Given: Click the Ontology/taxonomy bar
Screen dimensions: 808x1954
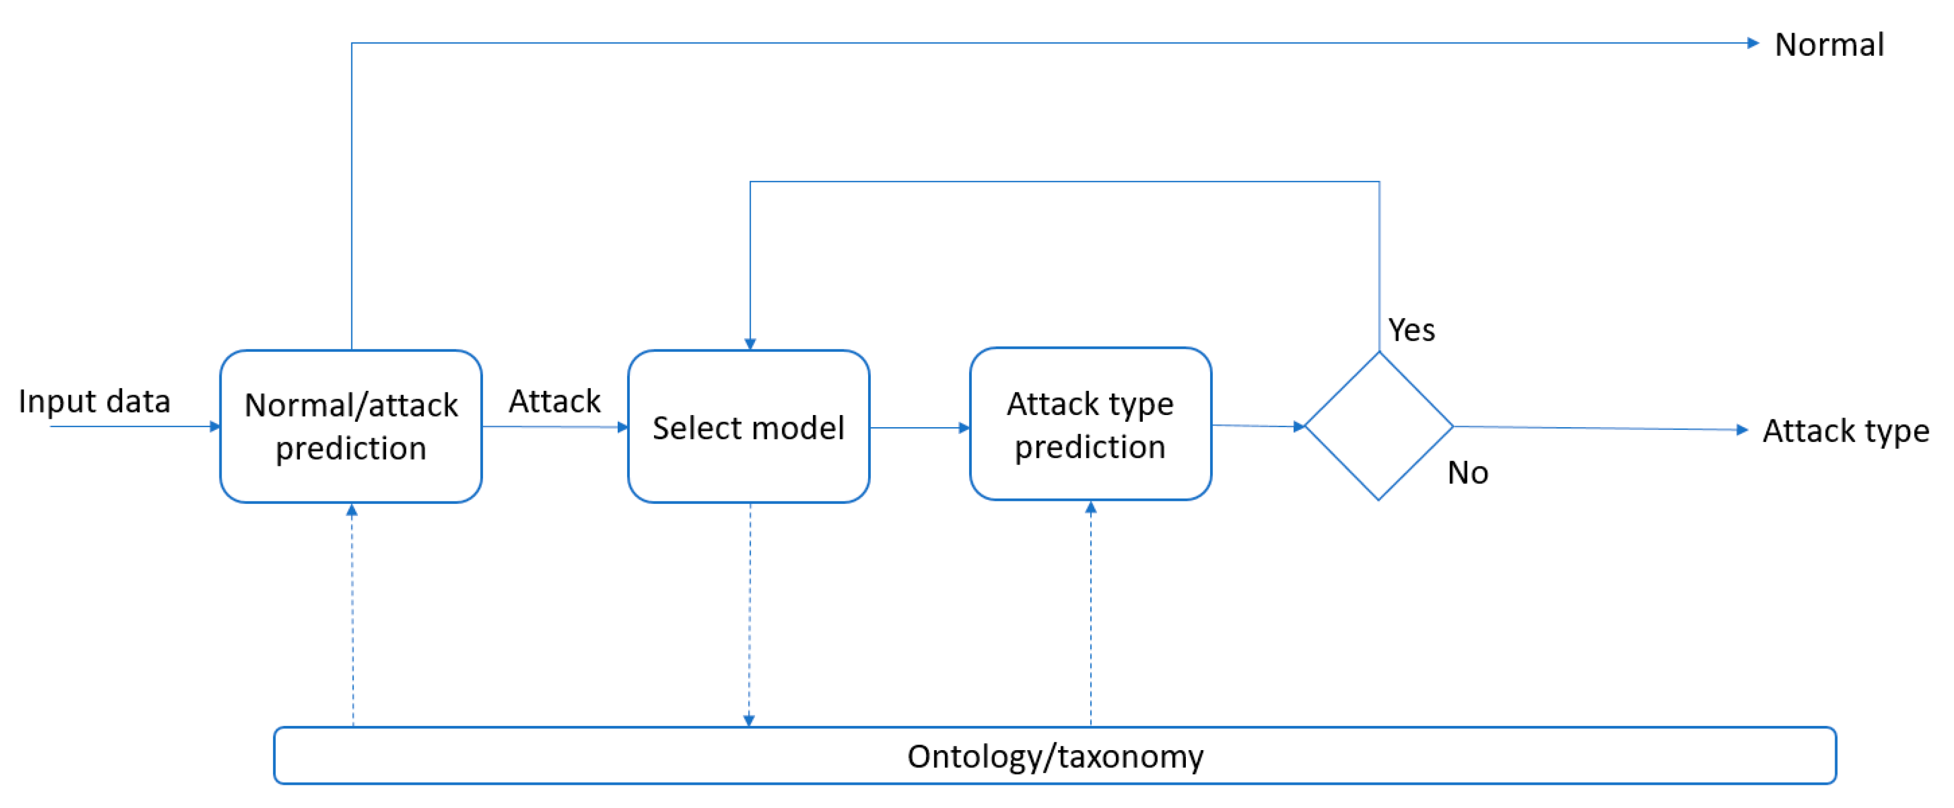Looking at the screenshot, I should (x=1054, y=755).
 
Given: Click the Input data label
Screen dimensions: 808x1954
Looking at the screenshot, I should (x=94, y=401).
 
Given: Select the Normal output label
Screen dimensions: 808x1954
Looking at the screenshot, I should (x=1829, y=44).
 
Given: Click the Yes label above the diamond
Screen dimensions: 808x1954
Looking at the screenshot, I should (x=1411, y=330).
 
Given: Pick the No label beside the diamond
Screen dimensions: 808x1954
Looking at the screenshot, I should (x=1467, y=473).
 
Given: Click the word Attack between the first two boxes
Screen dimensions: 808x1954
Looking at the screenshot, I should (x=555, y=401).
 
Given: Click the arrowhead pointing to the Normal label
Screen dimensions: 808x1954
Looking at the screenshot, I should (x=1752, y=43).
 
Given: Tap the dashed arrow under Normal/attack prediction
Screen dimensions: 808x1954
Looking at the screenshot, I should (x=352, y=614).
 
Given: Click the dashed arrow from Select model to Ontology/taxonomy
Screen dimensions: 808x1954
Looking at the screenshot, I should (x=749, y=614).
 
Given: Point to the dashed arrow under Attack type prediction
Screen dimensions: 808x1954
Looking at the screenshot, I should (x=1090, y=614).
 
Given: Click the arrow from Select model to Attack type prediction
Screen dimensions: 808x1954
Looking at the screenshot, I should (x=919, y=427).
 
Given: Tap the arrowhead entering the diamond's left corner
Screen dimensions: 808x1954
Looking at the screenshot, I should (x=1298, y=427).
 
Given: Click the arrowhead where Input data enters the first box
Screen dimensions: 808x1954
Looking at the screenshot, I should (x=215, y=427).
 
